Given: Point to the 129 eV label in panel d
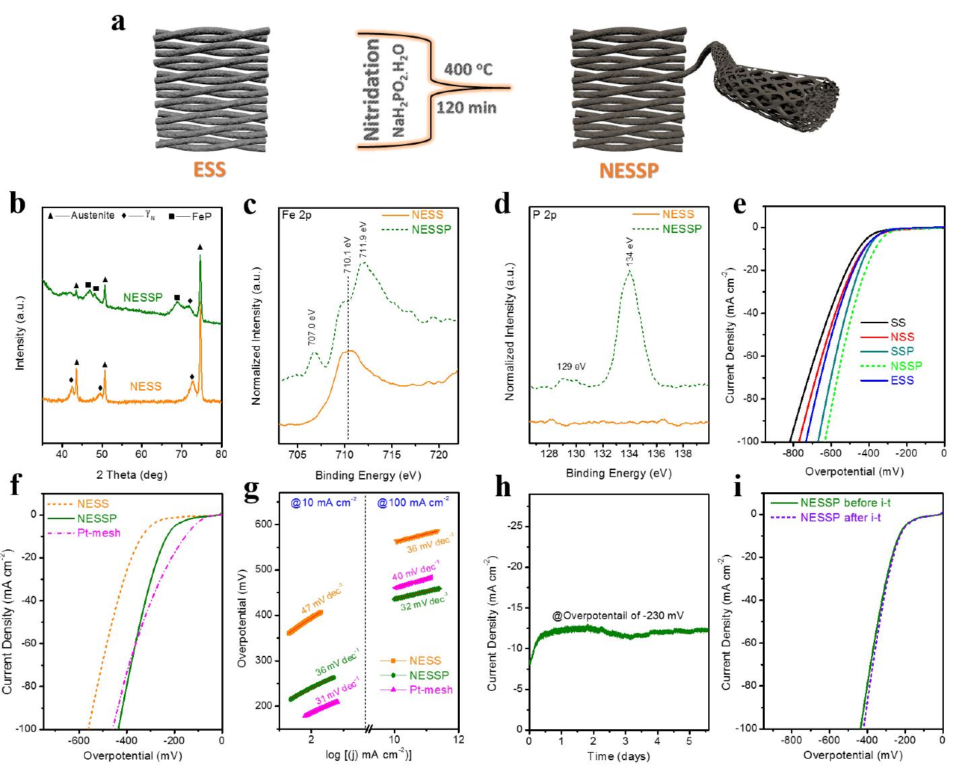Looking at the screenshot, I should tap(571, 367).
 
